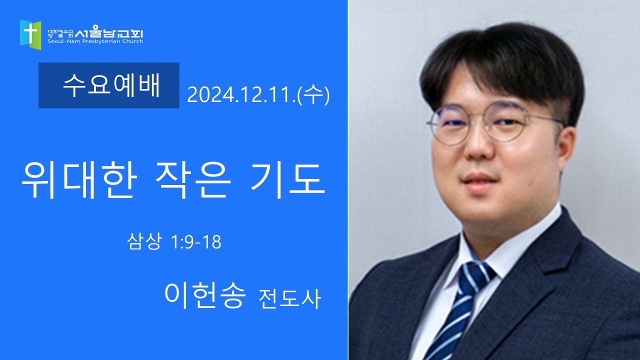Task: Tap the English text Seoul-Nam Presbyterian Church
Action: [x=95, y=41]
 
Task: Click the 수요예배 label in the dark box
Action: [x=111, y=85]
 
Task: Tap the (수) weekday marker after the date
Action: [x=313, y=95]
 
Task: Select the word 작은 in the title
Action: [x=193, y=180]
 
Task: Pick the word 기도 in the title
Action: [x=287, y=180]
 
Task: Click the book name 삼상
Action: [x=144, y=241]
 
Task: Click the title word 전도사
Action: [x=289, y=298]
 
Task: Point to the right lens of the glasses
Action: [x=505, y=121]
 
